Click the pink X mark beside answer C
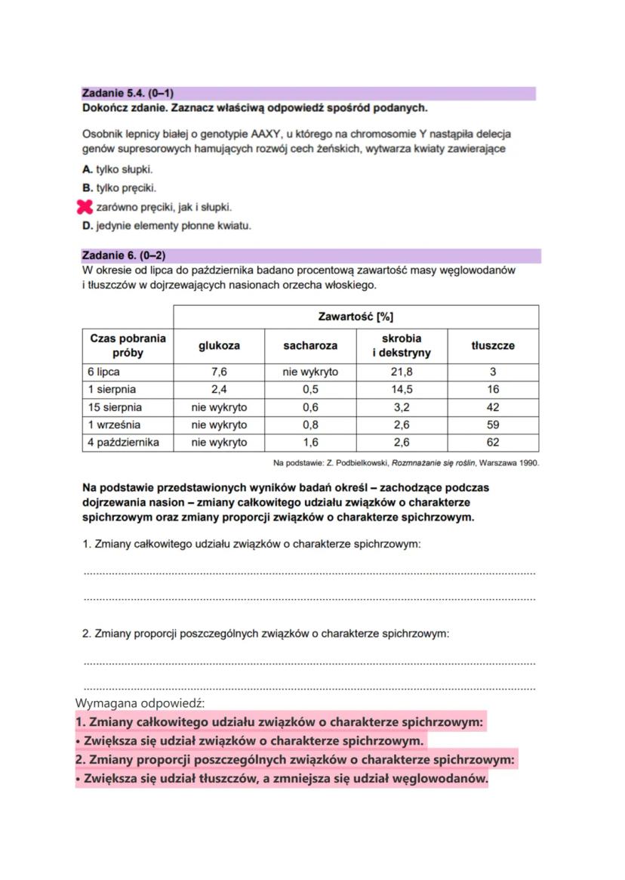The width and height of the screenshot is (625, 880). click(85, 206)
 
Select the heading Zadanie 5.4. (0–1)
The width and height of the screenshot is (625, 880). click(128, 94)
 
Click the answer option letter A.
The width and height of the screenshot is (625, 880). click(87, 168)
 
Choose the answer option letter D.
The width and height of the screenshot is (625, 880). click(87, 225)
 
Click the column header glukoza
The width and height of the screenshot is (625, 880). click(219, 345)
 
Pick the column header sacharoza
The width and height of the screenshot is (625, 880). click(310, 345)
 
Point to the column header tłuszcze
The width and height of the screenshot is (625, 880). click(493, 345)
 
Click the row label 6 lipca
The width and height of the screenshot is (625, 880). click(103, 372)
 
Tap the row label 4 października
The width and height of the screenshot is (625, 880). click(123, 442)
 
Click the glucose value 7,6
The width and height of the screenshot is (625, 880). click(219, 372)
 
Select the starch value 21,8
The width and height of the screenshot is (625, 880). click(402, 372)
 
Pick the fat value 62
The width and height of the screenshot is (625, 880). click(493, 442)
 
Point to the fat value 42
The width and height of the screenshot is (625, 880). click(493, 407)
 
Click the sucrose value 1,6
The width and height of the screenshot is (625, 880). click(310, 442)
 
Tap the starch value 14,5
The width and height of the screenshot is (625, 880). click(402, 390)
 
